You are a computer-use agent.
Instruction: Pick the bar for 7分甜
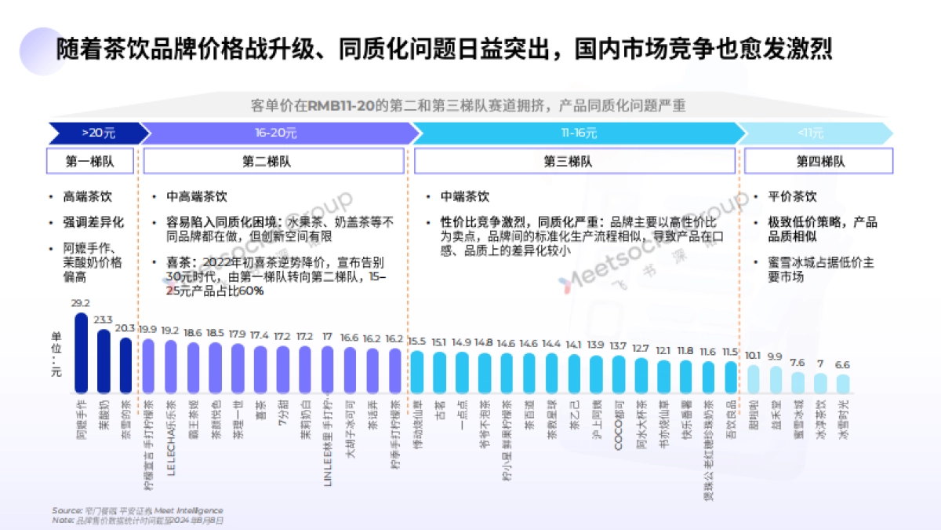click(283, 371)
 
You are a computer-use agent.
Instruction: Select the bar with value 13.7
click(619, 375)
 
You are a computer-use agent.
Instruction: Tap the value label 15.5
click(417, 342)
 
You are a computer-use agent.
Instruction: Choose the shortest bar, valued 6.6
click(843, 383)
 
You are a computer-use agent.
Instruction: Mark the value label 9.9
click(776, 356)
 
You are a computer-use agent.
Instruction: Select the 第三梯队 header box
click(575, 162)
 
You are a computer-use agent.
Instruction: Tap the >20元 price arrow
click(97, 133)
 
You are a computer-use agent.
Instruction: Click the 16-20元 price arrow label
click(275, 133)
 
